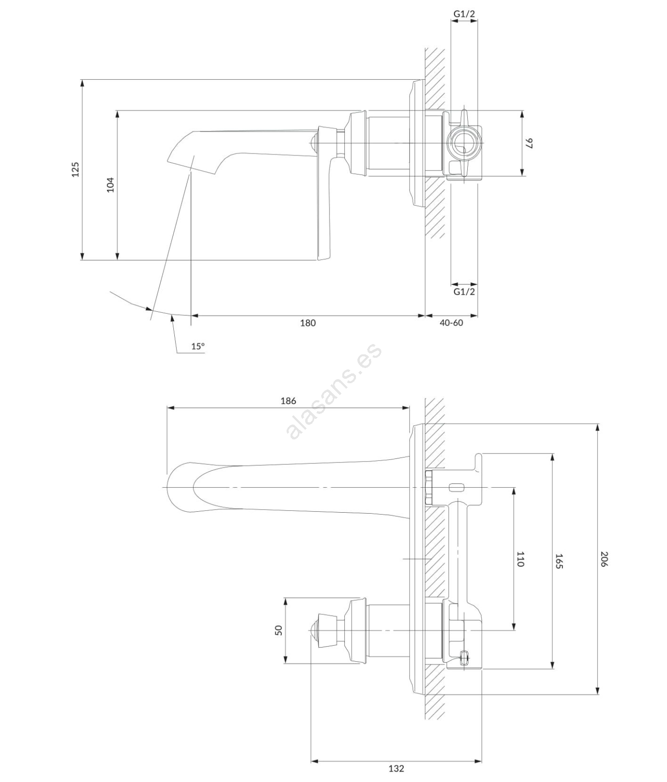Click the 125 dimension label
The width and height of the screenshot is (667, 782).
click(x=75, y=169)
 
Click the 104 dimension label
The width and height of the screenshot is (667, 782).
click(x=110, y=184)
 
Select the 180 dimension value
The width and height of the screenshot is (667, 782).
click(x=308, y=323)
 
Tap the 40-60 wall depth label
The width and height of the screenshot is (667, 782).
click(x=451, y=323)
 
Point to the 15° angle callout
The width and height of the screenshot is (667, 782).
click(x=198, y=346)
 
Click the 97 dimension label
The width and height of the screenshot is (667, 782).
click(x=529, y=143)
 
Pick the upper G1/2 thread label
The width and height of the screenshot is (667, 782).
click(x=464, y=14)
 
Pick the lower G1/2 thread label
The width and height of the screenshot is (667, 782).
click(x=464, y=292)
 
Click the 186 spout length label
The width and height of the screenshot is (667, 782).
click(x=288, y=401)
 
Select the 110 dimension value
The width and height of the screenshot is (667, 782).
click(x=521, y=559)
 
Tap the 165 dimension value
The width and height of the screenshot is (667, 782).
click(x=560, y=561)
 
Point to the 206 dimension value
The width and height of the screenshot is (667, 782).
click(x=604, y=559)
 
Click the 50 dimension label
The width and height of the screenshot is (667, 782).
click(x=279, y=630)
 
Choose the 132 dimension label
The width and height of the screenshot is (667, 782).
click(x=396, y=769)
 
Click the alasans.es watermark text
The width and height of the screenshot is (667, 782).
click(x=335, y=391)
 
